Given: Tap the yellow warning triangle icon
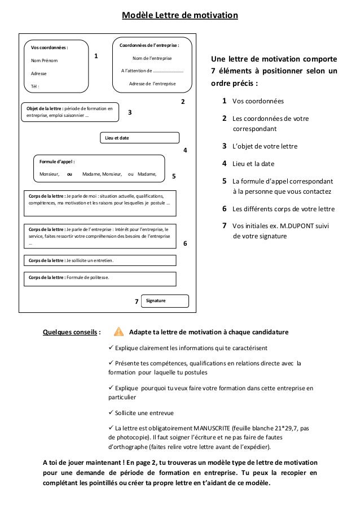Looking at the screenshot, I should tap(118, 332).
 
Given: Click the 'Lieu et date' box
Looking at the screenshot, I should tap(139, 138).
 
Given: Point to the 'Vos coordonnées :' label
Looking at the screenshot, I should tap(49, 48).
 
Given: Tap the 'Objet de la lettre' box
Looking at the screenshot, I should tap(70, 112).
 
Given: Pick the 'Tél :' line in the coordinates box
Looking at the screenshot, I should tap(35, 86).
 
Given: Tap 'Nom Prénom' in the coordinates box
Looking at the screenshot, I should tap(43, 60).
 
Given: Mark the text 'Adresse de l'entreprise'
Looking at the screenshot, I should tap(152, 84).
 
